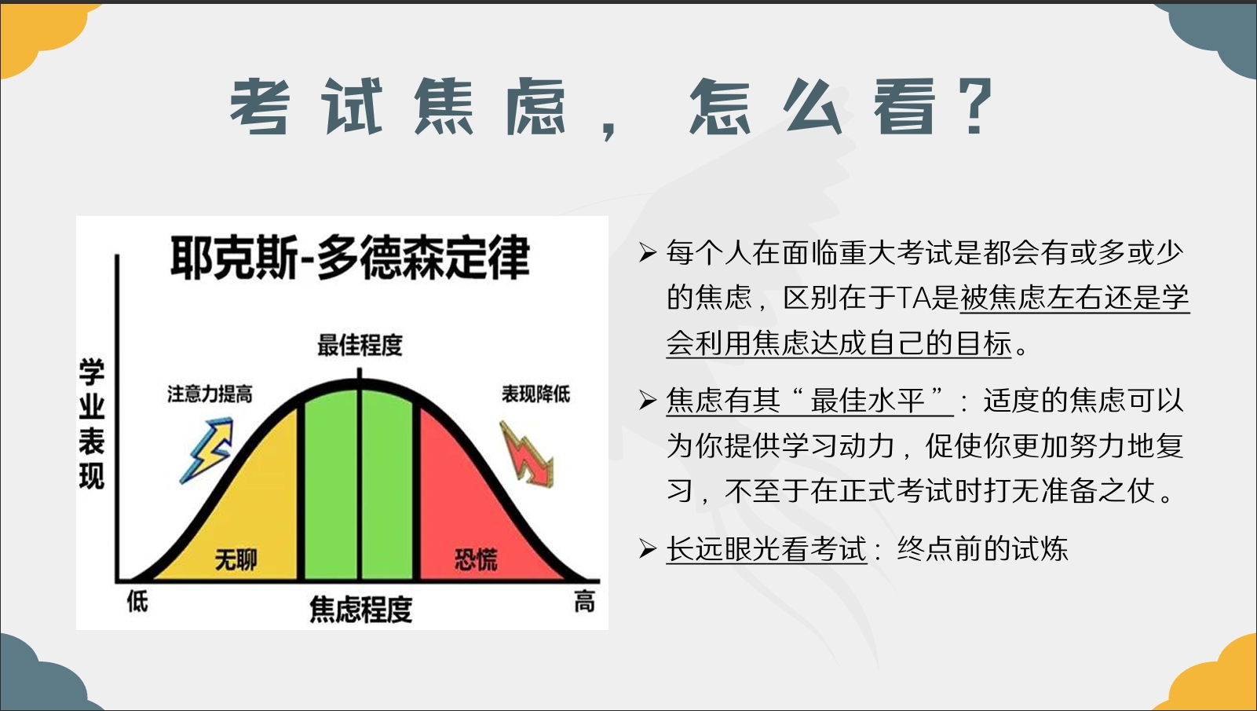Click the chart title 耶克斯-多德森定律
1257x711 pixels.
[x=350, y=258]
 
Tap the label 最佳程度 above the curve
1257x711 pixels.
[x=360, y=345]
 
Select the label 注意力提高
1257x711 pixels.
[x=210, y=394]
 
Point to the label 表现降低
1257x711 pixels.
[x=535, y=394]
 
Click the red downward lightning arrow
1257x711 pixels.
[x=526, y=454]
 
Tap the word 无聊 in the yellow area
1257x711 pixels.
[x=236, y=559]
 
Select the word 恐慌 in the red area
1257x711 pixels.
[x=476, y=559]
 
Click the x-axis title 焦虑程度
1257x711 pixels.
[x=361, y=610]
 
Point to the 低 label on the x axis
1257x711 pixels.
[x=137, y=602]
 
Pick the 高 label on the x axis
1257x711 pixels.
[x=584, y=602]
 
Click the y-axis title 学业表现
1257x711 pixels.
[x=92, y=423]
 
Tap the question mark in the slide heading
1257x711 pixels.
[x=976, y=107]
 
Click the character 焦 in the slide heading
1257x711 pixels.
[x=444, y=107]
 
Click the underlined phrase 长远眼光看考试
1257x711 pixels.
[x=766, y=548]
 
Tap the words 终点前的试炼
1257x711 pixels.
[x=982, y=548]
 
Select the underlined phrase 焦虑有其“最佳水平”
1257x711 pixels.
[x=809, y=401]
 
